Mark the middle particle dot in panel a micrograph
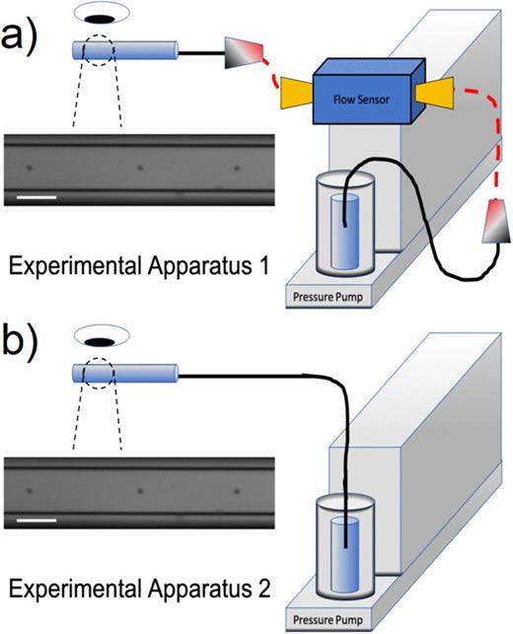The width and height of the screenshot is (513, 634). pyautogui.click(x=141, y=168)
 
